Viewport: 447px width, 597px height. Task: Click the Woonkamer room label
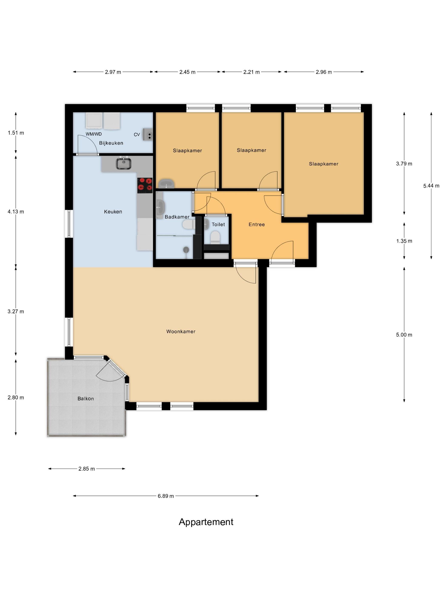[181, 331]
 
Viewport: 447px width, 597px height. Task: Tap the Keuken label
[113, 212]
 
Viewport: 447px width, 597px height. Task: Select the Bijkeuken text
[111, 143]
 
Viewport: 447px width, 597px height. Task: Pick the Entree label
[256, 224]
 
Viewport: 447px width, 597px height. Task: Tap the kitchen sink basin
[124, 164]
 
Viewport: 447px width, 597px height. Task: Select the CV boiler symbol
[148, 134]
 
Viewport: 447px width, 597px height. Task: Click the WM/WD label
[94, 134]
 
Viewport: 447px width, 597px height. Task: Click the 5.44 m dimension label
[431, 186]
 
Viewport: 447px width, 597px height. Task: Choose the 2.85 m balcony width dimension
[86, 469]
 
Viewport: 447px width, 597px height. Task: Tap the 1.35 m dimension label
[404, 241]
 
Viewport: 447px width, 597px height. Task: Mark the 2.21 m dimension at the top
[251, 72]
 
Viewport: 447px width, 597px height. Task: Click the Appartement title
[206, 522]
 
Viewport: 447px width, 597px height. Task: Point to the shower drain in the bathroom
[186, 250]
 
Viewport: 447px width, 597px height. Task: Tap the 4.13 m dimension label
[16, 212]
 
